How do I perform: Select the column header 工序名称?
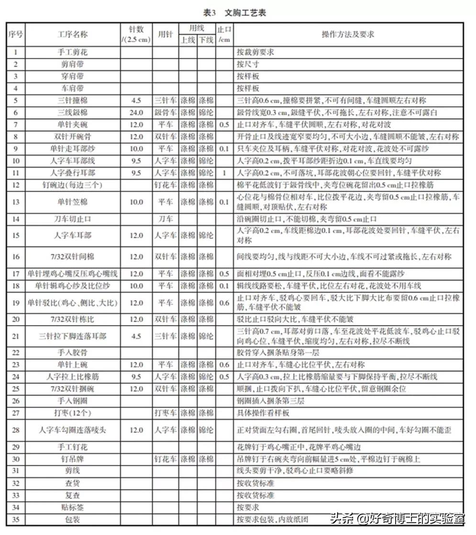click(x=72, y=34)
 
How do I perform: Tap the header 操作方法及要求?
click(x=348, y=34)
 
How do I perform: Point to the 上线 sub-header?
click(x=188, y=40)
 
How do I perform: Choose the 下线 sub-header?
click(x=206, y=40)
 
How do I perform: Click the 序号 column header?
click(x=16, y=34)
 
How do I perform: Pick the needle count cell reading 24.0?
click(x=136, y=113)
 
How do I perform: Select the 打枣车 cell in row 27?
click(x=165, y=413)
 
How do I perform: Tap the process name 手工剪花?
click(x=72, y=52)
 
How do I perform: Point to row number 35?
click(x=16, y=519)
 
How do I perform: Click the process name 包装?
click(x=72, y=519)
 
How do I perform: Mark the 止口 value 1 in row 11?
click(x=224, y=173)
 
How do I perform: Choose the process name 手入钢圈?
click(x=72, y=401)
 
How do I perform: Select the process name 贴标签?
click(x=72, y=507)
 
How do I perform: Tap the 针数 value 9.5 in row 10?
click(x=136, y=161)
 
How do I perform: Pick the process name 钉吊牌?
click(x=72, y=459)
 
